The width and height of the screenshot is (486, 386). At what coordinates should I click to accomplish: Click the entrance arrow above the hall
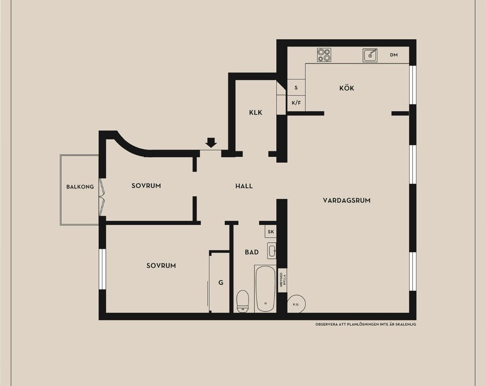coord(211,142)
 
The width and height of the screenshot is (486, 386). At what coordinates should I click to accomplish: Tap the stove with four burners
coord(324,55)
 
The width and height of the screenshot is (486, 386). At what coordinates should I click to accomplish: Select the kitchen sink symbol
coord(370,55)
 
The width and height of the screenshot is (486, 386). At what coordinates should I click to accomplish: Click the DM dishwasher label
coord(394,55)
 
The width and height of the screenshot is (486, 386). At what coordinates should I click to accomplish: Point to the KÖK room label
coord(346,88)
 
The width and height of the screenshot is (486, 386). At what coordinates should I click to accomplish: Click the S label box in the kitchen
coord(296,87)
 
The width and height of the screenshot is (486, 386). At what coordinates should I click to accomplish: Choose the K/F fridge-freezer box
coord(296,103)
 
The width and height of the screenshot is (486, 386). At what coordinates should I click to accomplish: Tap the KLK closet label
coord(256,113)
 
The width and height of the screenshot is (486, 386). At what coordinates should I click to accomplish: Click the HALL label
coord(244,186)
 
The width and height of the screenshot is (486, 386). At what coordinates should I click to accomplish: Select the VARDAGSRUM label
coord(346,200)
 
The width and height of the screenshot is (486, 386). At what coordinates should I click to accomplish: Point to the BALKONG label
coord(80,187)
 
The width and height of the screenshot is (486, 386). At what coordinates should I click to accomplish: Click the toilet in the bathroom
coord(243,301)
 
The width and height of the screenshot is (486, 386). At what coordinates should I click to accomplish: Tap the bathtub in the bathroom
coord(265,289)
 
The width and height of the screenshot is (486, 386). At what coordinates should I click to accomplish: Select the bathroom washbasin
coord(272,251)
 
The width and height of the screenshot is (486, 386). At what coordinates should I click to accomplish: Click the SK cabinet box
coord(270,231)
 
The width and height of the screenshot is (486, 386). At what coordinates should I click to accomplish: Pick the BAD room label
coord(252,252)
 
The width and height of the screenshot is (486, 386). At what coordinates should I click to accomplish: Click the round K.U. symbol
coord(297,304)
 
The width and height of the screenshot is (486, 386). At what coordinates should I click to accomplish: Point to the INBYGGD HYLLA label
coord(283,280)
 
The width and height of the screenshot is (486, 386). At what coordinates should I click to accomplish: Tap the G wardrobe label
coord(221,283)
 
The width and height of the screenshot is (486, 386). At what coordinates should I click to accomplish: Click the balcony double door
coord(102,197)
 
